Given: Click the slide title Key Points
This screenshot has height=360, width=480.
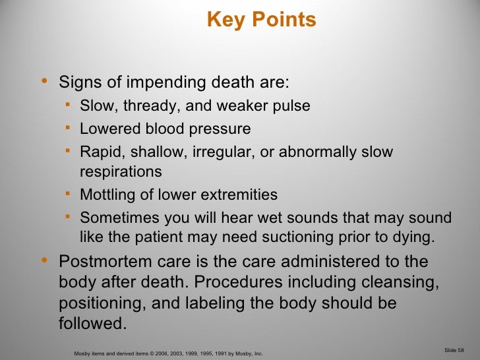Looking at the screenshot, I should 262,20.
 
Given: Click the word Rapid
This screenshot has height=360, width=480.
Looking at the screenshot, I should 99,152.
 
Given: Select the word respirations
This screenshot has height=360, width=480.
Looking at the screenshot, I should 121,172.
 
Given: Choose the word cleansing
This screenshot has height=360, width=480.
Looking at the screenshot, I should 405,282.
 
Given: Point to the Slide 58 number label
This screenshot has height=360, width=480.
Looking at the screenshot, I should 454,349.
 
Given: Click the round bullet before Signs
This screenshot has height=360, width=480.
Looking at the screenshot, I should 44,82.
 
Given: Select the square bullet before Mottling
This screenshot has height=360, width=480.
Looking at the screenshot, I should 69,194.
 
